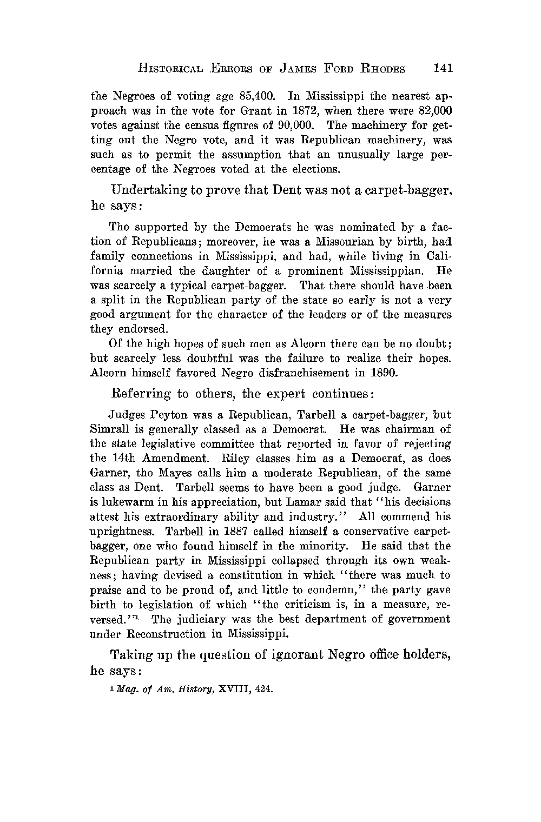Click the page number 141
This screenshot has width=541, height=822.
443,68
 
